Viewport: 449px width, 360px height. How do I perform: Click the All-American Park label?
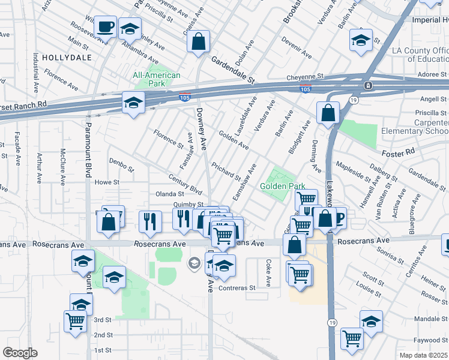pyautogui.click(x=156, y=79)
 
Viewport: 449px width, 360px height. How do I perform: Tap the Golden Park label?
pyautogui.click(x=283, y=187)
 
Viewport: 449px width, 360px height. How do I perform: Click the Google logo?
pyautogui.click(x=20, y=353)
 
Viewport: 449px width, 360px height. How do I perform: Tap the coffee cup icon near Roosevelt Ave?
pyautogui.click(x=105, y=27)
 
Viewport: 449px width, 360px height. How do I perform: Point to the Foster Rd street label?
pyautogui.click(x=400, y=152)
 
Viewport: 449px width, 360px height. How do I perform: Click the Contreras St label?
pyautogui.click(x=237, y=288)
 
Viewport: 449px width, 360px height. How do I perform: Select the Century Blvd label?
pyautogui.click(x=185, y=184)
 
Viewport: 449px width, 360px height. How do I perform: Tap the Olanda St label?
pyautogui.click(x=170, y=194)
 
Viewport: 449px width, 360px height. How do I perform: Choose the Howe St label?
pyautogui.click(x=107, y=182)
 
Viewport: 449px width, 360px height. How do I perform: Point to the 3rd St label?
pyautogui.click(x=103, y=320)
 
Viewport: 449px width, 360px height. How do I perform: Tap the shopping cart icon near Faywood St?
pyautogui.click(x=352, y=338)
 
